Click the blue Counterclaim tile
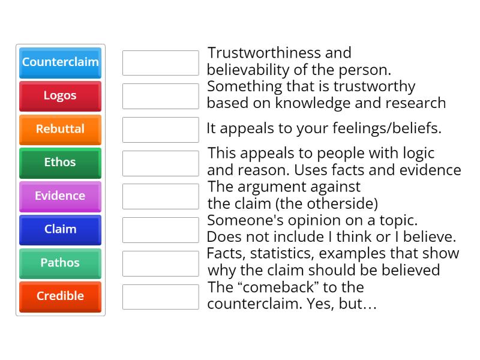pos(60,62)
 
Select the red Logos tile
pos(60,96)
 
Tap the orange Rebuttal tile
pos(60,129)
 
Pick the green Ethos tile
pos(60,163)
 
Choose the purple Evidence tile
pos(60,196)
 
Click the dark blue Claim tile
pos(60,230)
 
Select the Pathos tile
pos(60,263)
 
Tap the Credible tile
pos(60,296)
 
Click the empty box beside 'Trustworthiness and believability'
pos(160,63)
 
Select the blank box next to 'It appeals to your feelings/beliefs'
pos(160,130)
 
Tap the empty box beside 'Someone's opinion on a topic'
pos(160,230)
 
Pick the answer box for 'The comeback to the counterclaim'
pos(160,296)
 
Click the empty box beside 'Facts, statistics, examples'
pos(160,263)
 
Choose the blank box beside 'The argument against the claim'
pos(160,196)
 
